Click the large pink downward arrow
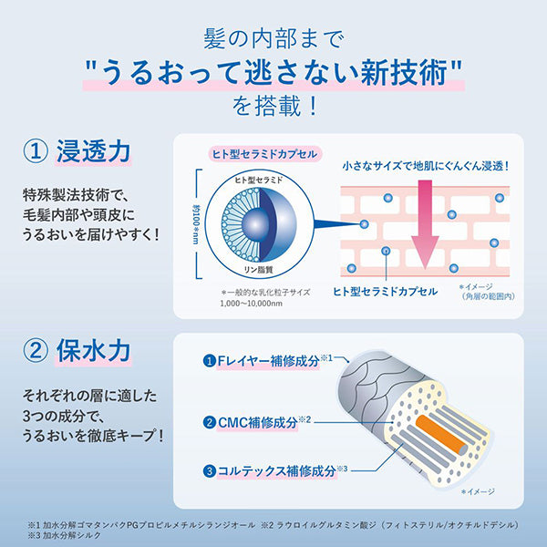pos(425,224)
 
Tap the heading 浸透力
pos(93,151)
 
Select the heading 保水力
pos(93,351)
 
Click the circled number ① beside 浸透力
pos(36,152)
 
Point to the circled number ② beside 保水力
pos(36,351)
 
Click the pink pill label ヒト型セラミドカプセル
pos(264,154)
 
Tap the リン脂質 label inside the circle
pos(258,269)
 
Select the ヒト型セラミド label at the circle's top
pos(259,180)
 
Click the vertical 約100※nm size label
pos(196,224)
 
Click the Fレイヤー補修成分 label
pos(268,361)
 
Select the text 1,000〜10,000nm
pos(252,304)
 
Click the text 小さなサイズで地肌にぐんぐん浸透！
pos(425,166)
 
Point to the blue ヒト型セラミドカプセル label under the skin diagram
pos(385,292)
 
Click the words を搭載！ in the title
pos(275,107)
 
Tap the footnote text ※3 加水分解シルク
pos(65,535)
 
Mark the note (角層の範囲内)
pos(489,296)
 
